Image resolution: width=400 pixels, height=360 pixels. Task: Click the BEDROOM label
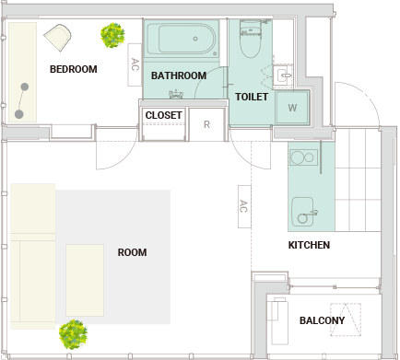click(x=74, y=69)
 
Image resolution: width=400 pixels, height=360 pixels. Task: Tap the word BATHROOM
click(x=179, y=75)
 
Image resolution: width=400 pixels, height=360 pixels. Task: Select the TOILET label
click(x=252, y=97)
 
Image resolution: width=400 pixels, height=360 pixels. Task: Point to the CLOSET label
click(x=163, y=115)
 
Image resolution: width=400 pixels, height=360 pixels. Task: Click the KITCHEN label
click(x=309, y=245)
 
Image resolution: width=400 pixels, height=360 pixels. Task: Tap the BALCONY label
click(x=322, y=320)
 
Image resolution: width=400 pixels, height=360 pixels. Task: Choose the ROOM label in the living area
click(x=132, y=252)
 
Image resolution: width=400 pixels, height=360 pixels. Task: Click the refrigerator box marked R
click(x=206, y=124)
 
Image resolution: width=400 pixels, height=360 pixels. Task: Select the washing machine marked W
click(x=292, y=108)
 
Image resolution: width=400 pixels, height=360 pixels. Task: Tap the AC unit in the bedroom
click(x=135, y=64)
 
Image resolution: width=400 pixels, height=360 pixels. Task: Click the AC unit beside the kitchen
click(x=244, y=206)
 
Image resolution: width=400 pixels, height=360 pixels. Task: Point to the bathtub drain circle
click(x=195, y=39)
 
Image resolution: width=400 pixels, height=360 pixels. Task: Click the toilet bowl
click(x=251, y=43)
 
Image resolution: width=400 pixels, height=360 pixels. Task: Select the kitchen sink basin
click(x=303, y=212)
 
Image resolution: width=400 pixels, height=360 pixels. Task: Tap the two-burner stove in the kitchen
click(x=303, y=157)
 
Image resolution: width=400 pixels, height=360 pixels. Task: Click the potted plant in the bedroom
click(x=112, y=35)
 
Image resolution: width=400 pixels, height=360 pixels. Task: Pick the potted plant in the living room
click(x=73, y=334)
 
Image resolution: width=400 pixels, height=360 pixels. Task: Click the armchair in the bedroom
click(x=58, y=38)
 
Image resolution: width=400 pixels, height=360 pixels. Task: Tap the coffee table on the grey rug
click(x=85, y=280)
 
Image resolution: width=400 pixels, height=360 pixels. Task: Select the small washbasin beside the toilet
click(x=283, y=75)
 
